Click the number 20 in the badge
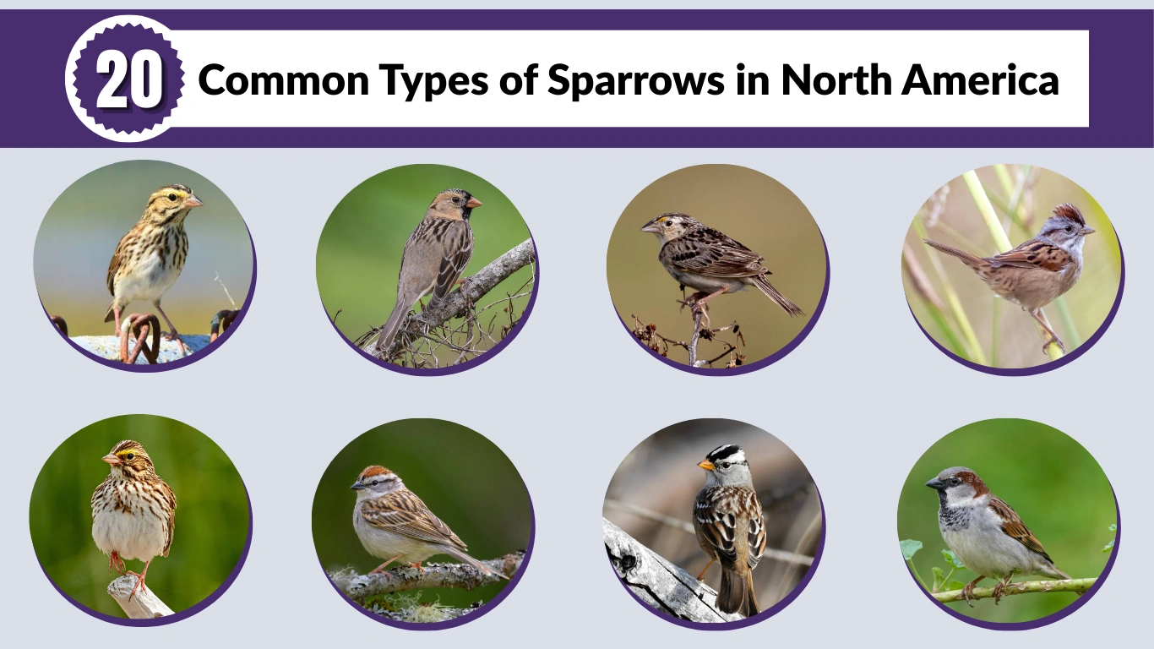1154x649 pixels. [128, 81]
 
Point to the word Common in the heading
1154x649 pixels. [284, 80]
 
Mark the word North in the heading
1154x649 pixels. [836, 80]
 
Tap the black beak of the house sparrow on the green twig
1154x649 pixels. [933, 483]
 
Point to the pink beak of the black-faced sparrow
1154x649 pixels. [475, 203]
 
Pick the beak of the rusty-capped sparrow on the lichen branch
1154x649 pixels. [356, 486]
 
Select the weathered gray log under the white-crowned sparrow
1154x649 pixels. [655, 575]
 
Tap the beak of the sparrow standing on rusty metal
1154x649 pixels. [194, 201]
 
